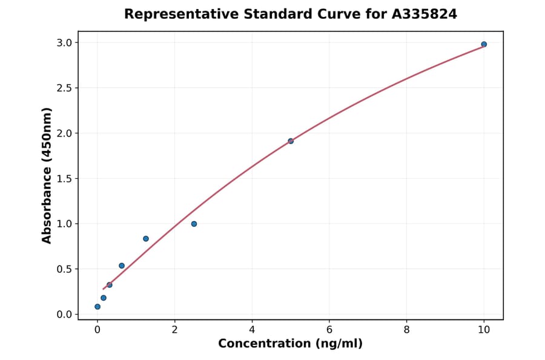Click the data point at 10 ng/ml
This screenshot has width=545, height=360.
point(484,44)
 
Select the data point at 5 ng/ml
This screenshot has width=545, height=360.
point(291,141)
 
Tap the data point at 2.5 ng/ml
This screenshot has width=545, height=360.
point(194,224)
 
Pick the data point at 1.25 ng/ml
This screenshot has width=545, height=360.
point(146,239)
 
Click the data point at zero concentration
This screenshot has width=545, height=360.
point(97,307)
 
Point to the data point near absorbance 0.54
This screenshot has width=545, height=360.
point(122,265)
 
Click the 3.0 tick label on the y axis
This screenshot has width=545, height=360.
point(64,42)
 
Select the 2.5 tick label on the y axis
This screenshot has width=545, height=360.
point(64,88)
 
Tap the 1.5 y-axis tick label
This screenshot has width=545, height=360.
point(64,178)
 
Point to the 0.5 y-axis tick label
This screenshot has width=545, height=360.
point(64,269)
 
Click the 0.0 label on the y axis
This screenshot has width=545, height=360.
point(64,314)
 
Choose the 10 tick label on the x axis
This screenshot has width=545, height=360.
point(484,330)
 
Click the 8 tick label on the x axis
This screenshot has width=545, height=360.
point(406,330)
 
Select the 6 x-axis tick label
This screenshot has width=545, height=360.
point(329,330)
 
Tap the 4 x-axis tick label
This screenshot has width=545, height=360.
point(252,330)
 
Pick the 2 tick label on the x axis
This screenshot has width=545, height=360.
point(175,330)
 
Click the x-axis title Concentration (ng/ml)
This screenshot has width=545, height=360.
point(290,344)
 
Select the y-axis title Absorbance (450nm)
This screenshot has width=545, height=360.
point(47,175)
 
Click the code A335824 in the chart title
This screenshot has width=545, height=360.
point(424,14)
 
